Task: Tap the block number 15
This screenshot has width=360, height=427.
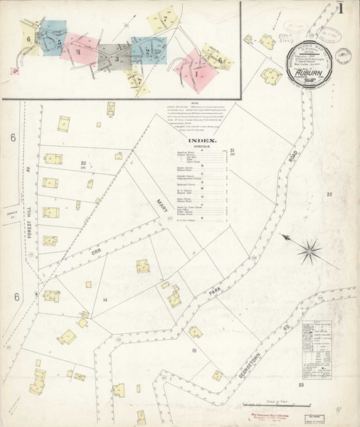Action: tap(193, 351)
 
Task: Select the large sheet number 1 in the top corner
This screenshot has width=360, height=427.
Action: tap(342, 10)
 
